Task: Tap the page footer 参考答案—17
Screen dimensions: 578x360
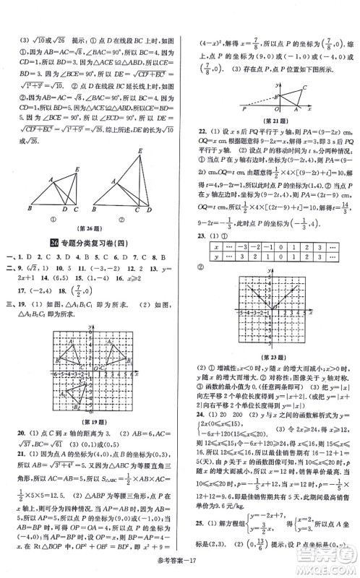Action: tap(179, 564)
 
